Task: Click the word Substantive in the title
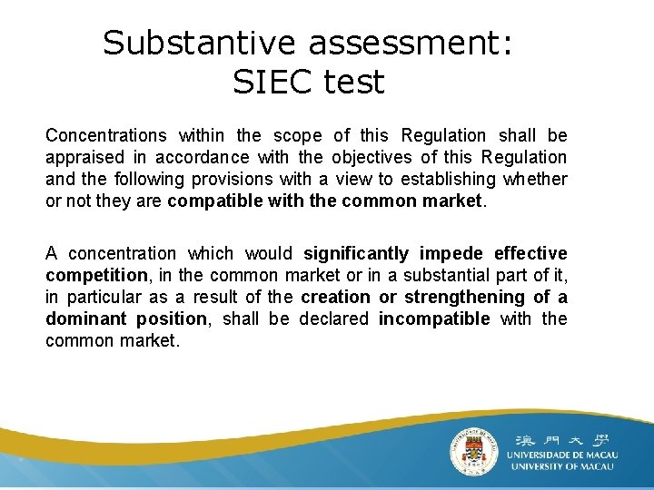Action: click(x=200, y=43)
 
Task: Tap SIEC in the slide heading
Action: click(x=272, y=83)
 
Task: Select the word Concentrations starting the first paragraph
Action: click(x=106, y=136)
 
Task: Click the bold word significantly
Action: click(x=356, y=254)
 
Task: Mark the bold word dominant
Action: click(x=83, y=319)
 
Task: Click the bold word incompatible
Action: click(x=434, y=319)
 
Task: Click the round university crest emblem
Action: click(x=475, y=448)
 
